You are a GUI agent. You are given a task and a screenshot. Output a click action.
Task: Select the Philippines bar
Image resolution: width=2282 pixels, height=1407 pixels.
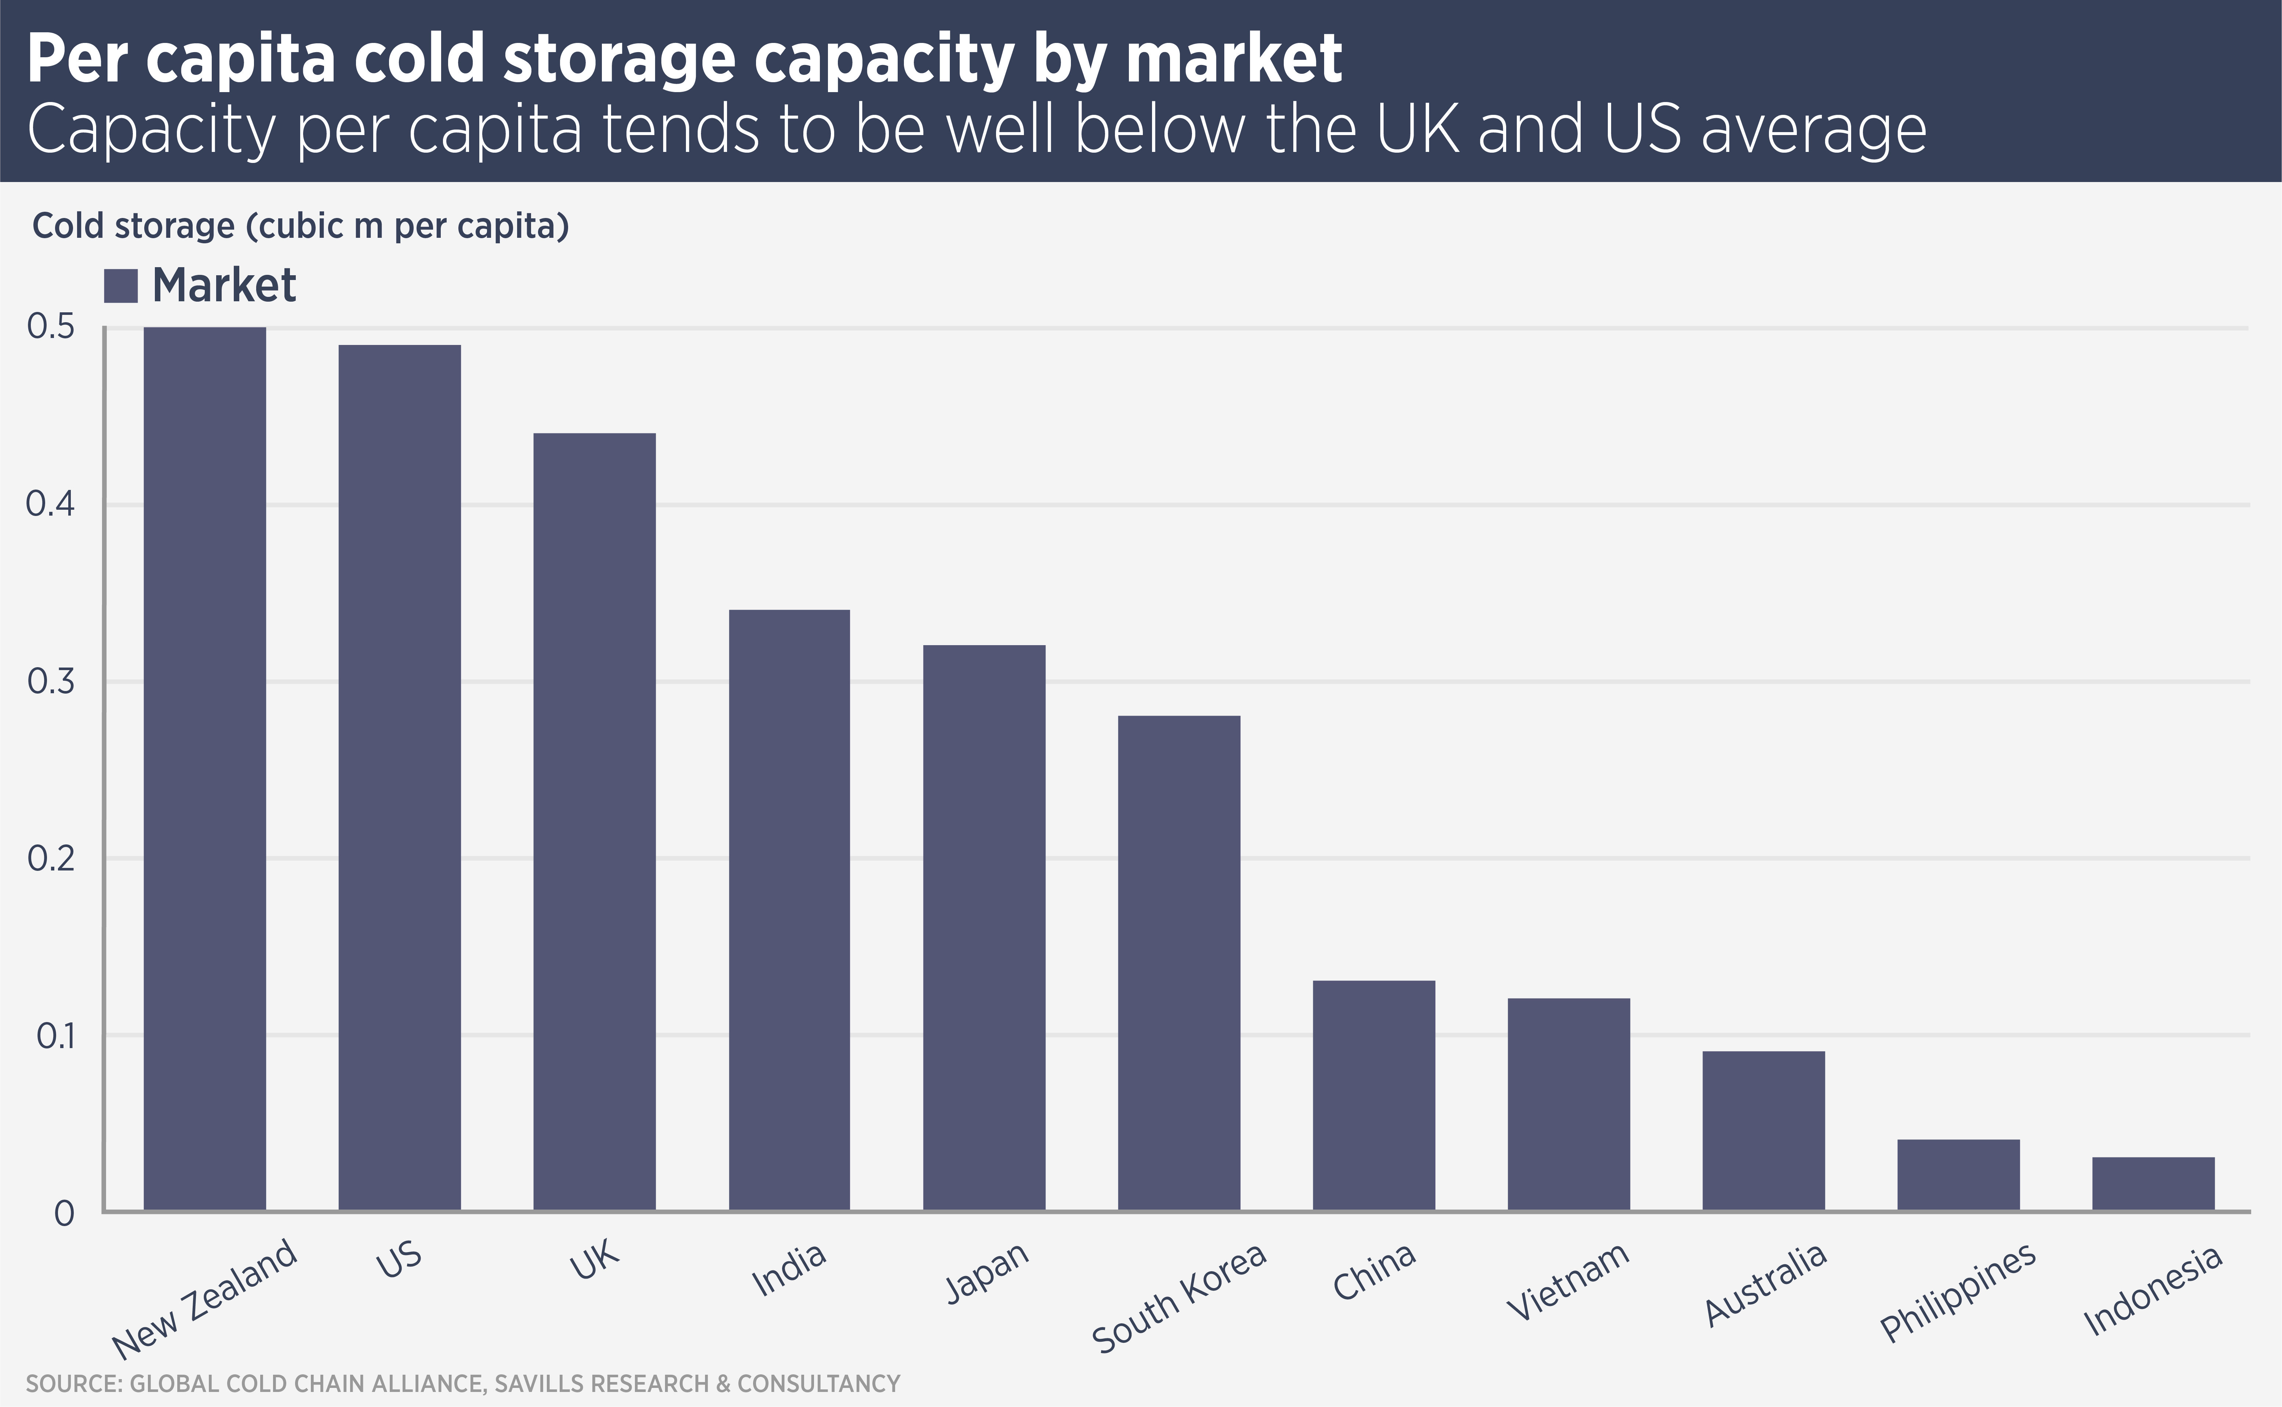coord(1958,1174)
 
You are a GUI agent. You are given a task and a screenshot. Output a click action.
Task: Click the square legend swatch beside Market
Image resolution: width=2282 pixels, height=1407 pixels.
coord(121,286)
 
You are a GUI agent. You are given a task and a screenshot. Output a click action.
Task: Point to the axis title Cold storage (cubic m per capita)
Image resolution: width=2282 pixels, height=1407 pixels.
coord(300,226)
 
